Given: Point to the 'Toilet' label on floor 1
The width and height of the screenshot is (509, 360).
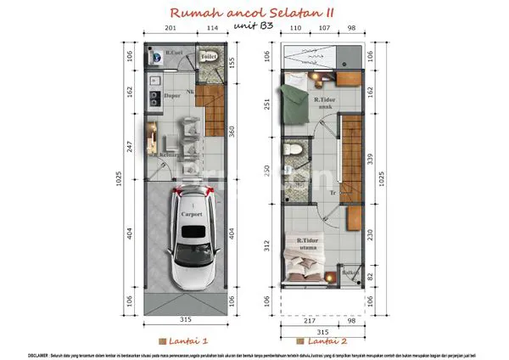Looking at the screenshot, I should point(209,56).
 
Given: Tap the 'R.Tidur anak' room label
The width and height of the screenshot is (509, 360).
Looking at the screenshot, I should point(324,104).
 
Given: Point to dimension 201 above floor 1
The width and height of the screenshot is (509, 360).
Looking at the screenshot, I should point(171,27).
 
